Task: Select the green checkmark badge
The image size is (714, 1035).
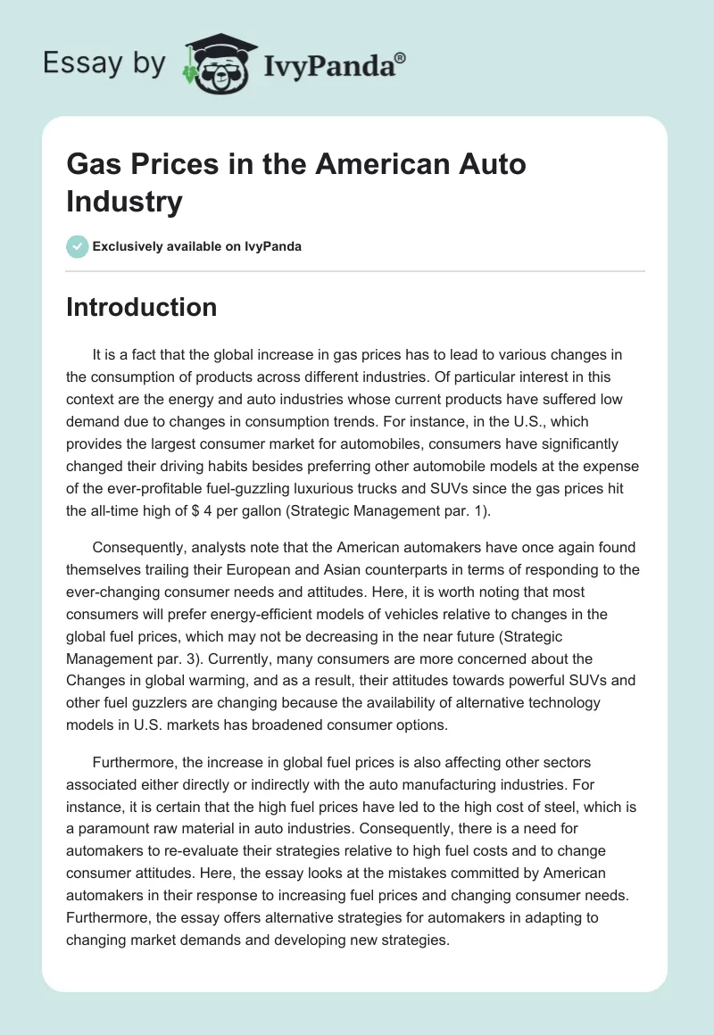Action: (x=77, y=246)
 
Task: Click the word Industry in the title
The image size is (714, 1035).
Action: (x=124, y=201)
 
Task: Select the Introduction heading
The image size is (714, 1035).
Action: (x=142, y=308)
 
